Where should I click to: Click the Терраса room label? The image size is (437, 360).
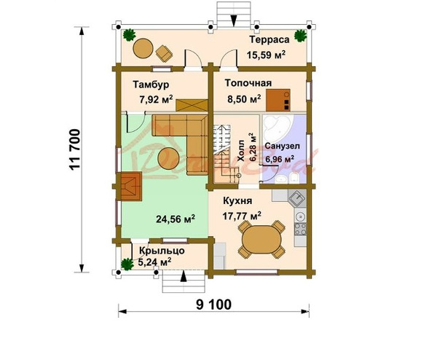coord(269,39)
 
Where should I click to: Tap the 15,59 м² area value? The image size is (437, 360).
coord(266,55)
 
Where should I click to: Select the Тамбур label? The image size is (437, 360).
coord(151,85)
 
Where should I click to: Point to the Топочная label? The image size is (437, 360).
coord(248,83)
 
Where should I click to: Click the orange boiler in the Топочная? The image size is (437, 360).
coord(278,100)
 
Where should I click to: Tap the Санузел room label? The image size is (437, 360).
coord(282,146)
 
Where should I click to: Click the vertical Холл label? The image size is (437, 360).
coord(240,151)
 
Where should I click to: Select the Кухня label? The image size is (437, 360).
coord(237,201)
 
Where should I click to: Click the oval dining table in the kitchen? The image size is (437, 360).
coord(261,239)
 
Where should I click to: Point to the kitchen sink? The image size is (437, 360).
coord(297,198)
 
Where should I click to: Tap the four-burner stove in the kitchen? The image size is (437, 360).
coord(301,229)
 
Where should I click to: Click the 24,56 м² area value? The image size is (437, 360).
coord(176,219)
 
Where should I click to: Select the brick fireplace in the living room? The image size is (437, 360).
coord(131,187)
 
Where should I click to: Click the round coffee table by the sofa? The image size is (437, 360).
coord(168,158)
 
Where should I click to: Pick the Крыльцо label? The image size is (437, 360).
coord(162,251)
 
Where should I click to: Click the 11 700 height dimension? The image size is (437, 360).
coord(75,149)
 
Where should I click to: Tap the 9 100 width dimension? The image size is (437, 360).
coord(213,305)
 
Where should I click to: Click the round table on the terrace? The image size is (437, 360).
coord(143,48)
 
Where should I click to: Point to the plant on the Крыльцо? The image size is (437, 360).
coord(127,264)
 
